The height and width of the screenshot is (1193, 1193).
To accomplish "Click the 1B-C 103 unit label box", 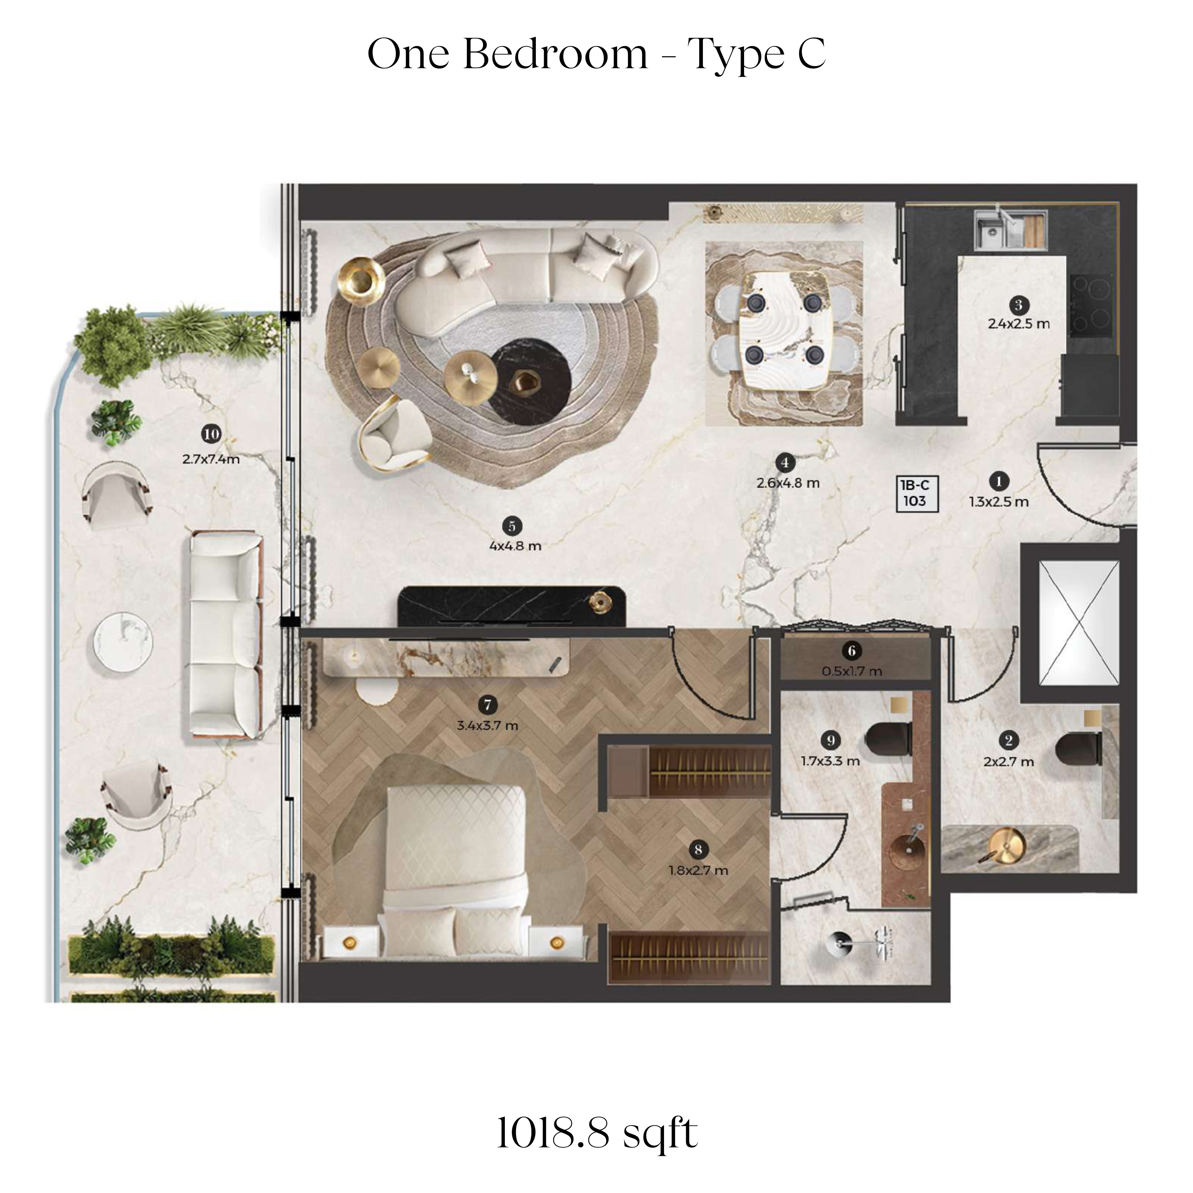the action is click(917, 493).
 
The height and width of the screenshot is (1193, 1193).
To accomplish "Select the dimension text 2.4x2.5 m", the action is click(1019, 323).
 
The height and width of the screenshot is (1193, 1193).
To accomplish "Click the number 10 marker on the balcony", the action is click(211, 434).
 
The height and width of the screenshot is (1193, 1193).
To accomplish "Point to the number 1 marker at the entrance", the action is click(998, 480).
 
